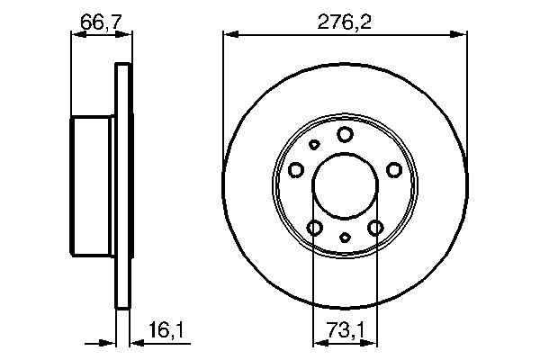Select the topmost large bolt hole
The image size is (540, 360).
pyautogui.click(x=346, y=135)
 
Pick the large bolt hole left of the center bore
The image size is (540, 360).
pyautogui.click(x=297, y=169)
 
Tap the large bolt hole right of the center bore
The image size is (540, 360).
pyautogui.click(x=393, y=169)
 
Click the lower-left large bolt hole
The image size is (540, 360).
pyautogui.click(x=315, y=228)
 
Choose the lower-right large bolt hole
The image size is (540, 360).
pyautogui.click(x=376, y=228)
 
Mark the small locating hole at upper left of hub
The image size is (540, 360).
pyautogui.click(x=314, y=144)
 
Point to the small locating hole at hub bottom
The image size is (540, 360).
pyautogui.click(x=346, y=238)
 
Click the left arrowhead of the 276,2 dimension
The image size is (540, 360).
pyautogui.click(x=229, y=35)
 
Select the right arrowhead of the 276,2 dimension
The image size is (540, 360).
pyautogui.click(x=463, y=35)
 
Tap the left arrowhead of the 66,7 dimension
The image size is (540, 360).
pyautogui.click(x=76, y=35)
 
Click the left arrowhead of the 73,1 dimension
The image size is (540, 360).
pyautogui.click(x=317, y=343)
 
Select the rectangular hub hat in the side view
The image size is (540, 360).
pyautogui.click(x=94, y=185)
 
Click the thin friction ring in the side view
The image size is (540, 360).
pyautogui.click(x=123, y=185)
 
